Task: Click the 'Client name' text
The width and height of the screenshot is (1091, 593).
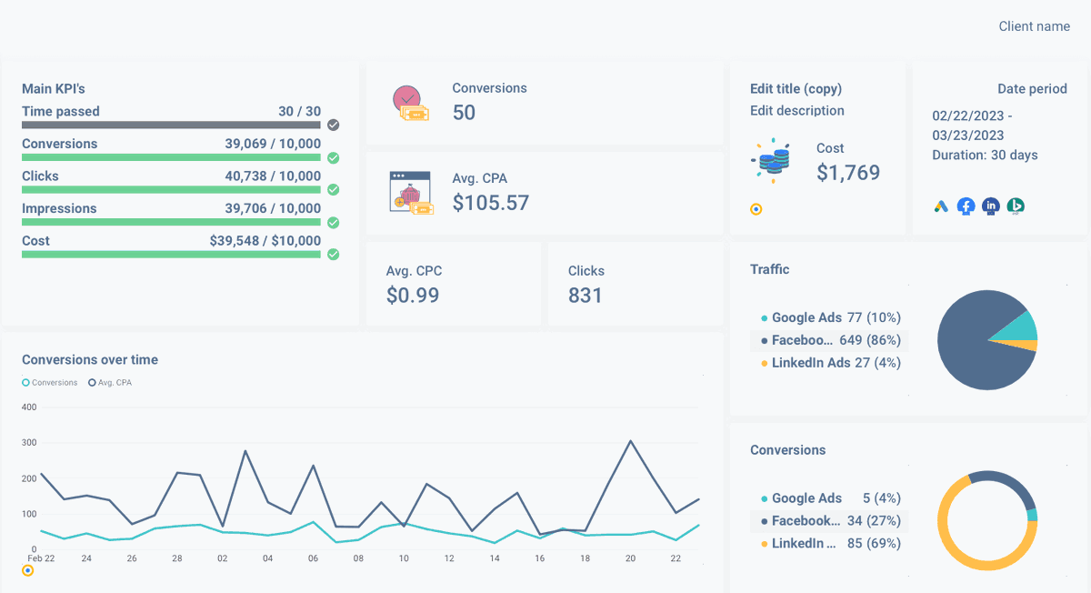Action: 1034,26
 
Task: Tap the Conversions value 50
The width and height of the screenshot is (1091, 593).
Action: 464,113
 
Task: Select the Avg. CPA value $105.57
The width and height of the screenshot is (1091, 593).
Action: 490,203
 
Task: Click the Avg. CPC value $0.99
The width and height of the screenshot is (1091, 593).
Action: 413,295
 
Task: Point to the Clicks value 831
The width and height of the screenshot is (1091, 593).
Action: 585,295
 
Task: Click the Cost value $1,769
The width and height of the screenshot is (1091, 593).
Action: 847,173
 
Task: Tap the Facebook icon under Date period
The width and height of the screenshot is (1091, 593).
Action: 966,206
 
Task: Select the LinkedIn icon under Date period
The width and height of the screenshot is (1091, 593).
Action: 990,206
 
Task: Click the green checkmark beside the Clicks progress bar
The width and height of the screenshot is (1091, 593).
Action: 334,190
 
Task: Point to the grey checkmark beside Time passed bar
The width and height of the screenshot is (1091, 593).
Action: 334,125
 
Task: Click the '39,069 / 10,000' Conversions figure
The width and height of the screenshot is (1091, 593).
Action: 273,144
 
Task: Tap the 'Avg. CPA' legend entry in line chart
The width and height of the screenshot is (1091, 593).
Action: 110,383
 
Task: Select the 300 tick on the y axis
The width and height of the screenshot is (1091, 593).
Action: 28,443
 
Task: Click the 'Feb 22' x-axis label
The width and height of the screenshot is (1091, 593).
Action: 40,558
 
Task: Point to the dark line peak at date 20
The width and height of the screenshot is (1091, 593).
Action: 631,441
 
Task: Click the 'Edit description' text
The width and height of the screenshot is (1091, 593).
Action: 796,111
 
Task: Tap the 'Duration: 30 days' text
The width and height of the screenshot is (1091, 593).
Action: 985,155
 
